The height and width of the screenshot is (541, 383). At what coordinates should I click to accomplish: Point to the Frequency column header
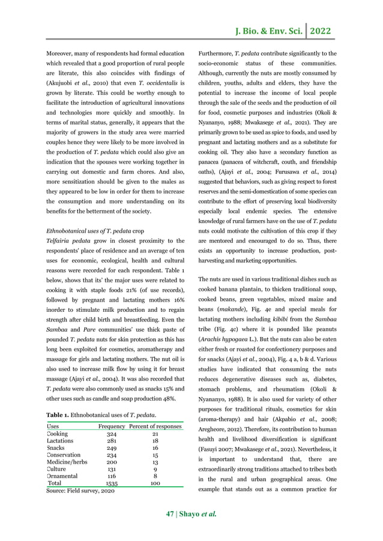click(x=112, y=426)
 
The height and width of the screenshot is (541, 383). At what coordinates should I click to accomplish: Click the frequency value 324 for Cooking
click(x=112, y=434)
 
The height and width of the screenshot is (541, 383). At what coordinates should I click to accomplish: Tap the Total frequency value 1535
click(x=112, y=482)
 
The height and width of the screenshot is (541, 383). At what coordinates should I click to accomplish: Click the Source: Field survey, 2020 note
click(x=80, y=490)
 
